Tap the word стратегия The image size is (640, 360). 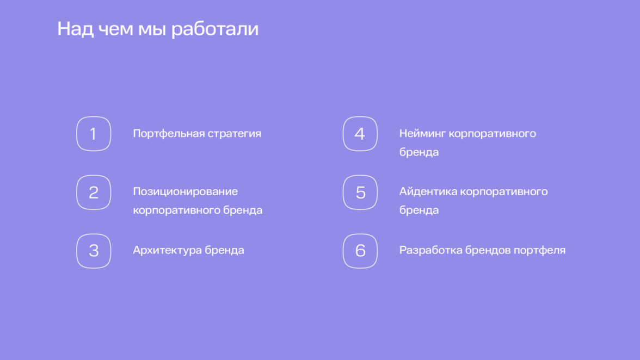click(234, 134)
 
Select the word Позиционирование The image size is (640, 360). click(185, 192)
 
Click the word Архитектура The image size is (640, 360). click(168, 250)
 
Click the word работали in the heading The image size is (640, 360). click(214, 29)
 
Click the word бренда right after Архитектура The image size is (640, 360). click(224, 250)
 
